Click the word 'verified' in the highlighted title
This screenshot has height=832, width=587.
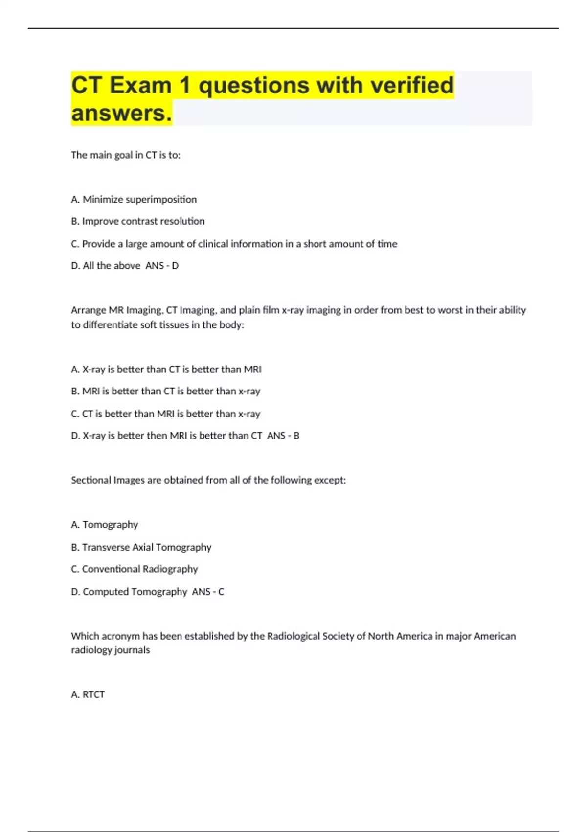click(412, 85)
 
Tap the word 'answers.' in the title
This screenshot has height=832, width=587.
click(122, 113)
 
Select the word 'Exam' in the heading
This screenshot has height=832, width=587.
click(140, 85)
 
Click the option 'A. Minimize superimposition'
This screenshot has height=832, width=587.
click(134, 199)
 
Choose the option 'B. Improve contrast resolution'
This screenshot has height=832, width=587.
click(137, 221)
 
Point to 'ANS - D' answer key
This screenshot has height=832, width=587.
click(162, 266)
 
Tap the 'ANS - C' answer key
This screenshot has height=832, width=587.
click(208, 592)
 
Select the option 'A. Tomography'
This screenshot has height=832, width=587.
click(104, 525)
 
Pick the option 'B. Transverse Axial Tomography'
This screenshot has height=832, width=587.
click(141, 547)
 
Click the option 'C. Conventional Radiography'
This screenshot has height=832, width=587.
click(134, 569)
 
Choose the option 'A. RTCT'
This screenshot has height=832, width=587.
click(88, 694)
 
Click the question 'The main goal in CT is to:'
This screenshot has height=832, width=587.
click(126, 155)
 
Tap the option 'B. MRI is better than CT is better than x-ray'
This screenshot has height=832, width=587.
click(165, 391)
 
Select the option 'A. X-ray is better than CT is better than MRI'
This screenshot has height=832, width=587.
click(166, 370)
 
